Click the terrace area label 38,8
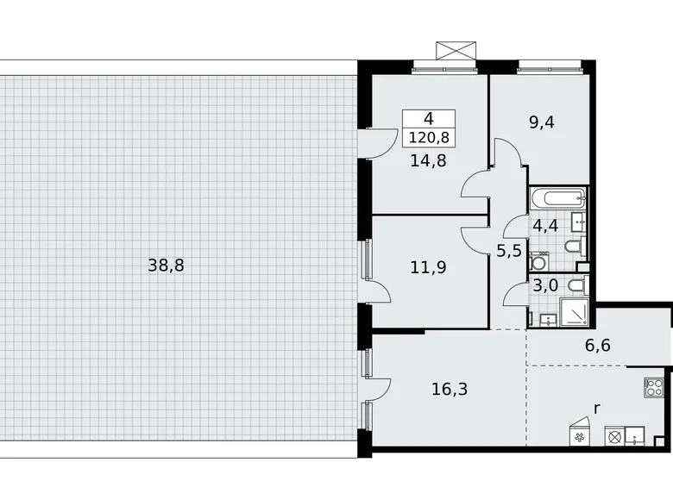[166, 266]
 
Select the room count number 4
[428, 121]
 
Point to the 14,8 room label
[430, 160]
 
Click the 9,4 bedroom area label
[542, 122]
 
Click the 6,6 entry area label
[598, 347]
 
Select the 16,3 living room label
[450, 389]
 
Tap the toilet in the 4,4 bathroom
[581, 246]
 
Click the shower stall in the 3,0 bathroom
[575, 312]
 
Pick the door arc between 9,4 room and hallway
[510, 153]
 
